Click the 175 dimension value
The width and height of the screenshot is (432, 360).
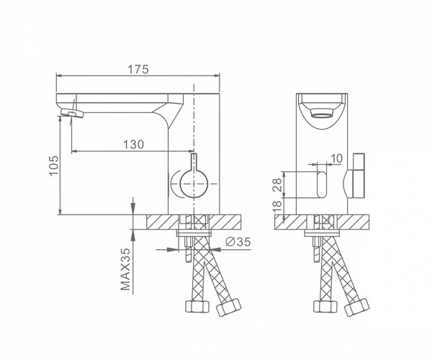[x=138, y=69]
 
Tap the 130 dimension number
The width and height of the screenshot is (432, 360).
[x=133, y=144]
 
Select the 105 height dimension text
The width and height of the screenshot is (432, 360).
[x=54, y=166]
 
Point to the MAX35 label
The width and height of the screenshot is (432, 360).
[x=125, y=269]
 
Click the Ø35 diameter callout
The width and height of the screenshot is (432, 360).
[x=238, y=242]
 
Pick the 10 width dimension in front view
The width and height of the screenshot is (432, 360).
[x=336, y=158]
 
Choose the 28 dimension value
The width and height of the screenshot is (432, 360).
[x=277, y=185]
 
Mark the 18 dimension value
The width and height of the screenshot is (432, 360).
[x=277, y=206]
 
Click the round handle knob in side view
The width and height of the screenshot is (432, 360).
[x=194, y=184]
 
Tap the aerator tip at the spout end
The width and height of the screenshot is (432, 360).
[x=72, y=112]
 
